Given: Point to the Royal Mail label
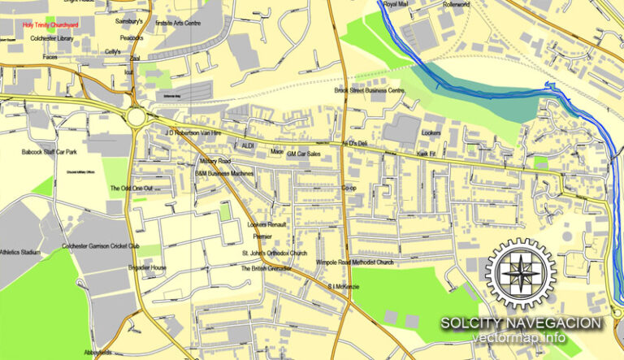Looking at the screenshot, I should [x=396, y=5].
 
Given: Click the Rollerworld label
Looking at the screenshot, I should [x=456, y=5].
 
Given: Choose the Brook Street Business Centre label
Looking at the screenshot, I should [x=369, y=91].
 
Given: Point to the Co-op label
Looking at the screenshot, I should [x=349, y=188].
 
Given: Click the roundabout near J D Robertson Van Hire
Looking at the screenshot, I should [x=140, y=118].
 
